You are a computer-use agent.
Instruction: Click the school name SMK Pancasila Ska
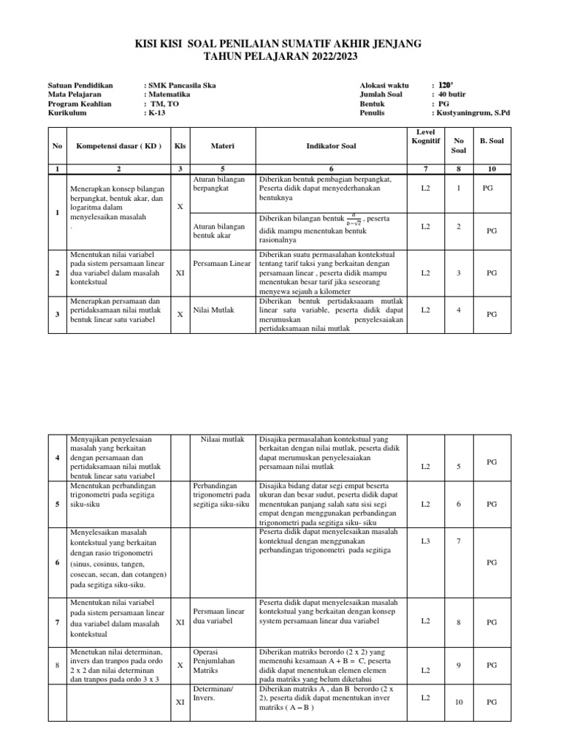pyautogui.click(x=183, y=85)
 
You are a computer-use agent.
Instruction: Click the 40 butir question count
pyautogui.click(x=451, y=95)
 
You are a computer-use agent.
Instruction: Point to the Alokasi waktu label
pyautogui.click(x=384, y=85)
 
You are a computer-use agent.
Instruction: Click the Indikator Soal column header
pyautogui.click(x=326, y=145)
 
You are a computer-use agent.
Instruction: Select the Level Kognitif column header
pyautogui.click(x=425, y=134)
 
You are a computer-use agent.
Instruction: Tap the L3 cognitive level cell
pyautogui.click(x=425, y=541)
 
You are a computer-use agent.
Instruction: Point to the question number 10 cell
pyautogui.click(x=459, y=703)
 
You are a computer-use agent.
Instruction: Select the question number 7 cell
pyautogui.click(x=459, y=541)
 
